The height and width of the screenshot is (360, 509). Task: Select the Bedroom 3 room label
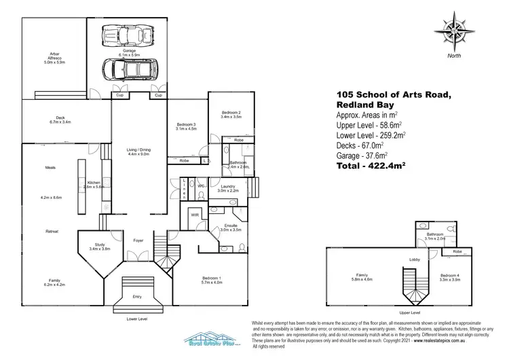pyautogui.click(x=186, y=126)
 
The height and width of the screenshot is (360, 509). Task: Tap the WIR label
pyautogui.click(x=195, y=215)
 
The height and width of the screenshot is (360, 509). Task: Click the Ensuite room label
pyautogui.click(x=232, y=228)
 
